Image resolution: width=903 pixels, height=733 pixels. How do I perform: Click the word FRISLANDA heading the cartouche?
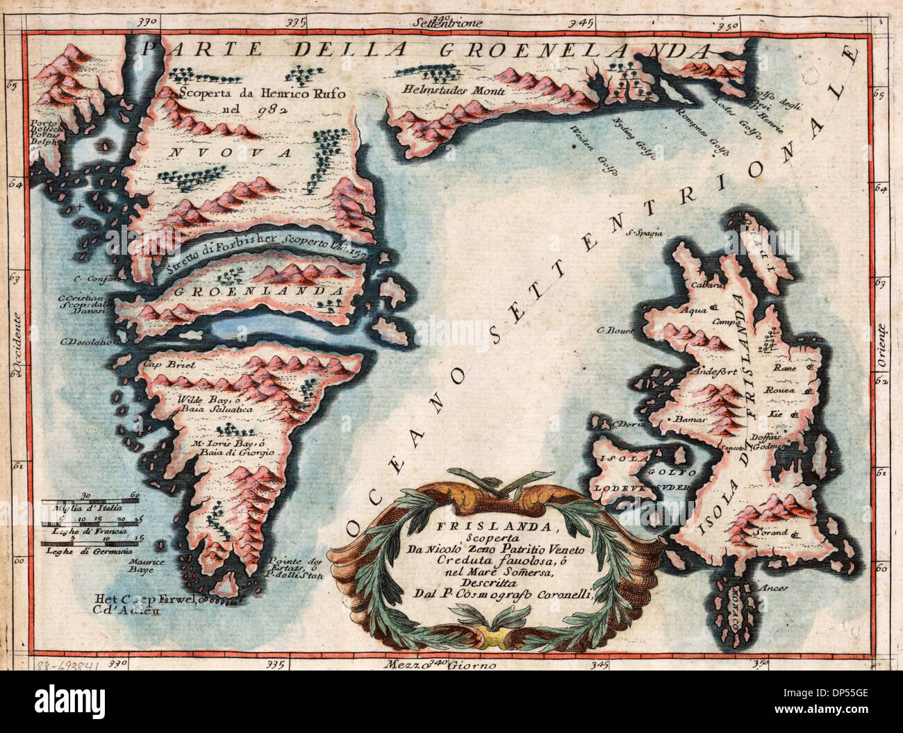(x=455, y=526)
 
